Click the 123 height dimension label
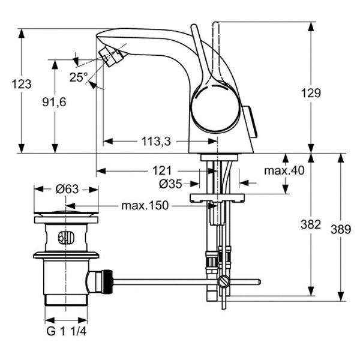[22, 85]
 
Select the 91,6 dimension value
[55, 103]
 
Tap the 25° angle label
[78, 77]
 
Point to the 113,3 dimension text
[156, 142]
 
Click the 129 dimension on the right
[311, 93]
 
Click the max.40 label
[284, 170]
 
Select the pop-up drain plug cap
[66, 214]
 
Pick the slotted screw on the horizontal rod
[224, 281]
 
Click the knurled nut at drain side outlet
[106, 280]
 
